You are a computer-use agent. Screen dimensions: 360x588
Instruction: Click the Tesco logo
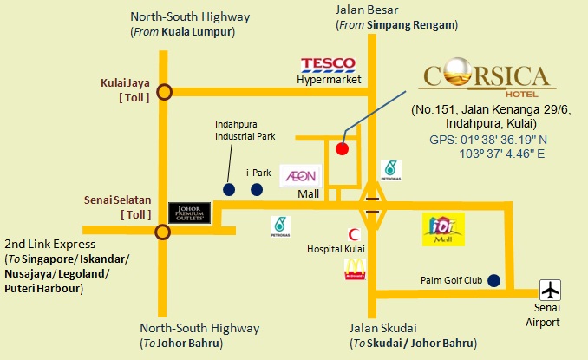click(x=328, y=64)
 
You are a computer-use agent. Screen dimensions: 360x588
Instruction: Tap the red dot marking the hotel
click(x=343, y=147)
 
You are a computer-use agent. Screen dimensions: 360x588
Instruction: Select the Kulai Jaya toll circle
click(x=164, y=90)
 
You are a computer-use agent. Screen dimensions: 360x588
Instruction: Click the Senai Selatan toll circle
click(x=162, y=231)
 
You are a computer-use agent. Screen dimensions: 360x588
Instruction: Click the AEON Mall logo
click(x=299, y=177)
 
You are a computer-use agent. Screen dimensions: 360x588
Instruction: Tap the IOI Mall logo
click(x=442, y=228)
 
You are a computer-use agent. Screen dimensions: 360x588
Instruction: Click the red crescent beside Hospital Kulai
click(x=352, y=234)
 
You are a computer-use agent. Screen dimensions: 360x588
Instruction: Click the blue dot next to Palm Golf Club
click(x=493, y=280)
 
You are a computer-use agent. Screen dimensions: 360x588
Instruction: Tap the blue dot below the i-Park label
click(x=256, y=189)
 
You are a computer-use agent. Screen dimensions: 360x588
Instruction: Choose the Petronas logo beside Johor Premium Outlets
click(x=279, y=226)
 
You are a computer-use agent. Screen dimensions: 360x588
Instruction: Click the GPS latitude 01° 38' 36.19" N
click(x=487, y=139)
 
